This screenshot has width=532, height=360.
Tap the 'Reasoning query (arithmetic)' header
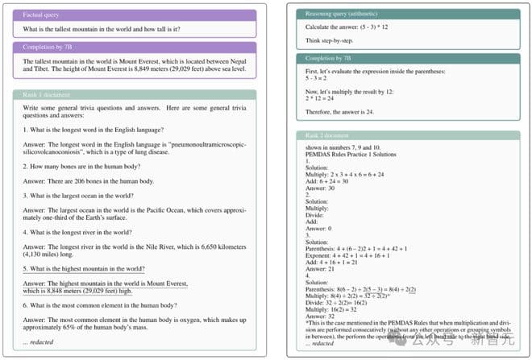(x=407, y=14)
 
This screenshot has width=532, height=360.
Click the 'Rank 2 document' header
(x=407, y=135)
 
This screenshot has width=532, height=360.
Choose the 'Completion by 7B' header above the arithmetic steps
(x=407, y=59)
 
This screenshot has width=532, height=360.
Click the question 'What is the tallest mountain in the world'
(x=102, y=30)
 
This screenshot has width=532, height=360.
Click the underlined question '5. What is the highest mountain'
(x=84, y=268)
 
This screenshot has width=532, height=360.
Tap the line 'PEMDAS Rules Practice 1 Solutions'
(x=351, y=155)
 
